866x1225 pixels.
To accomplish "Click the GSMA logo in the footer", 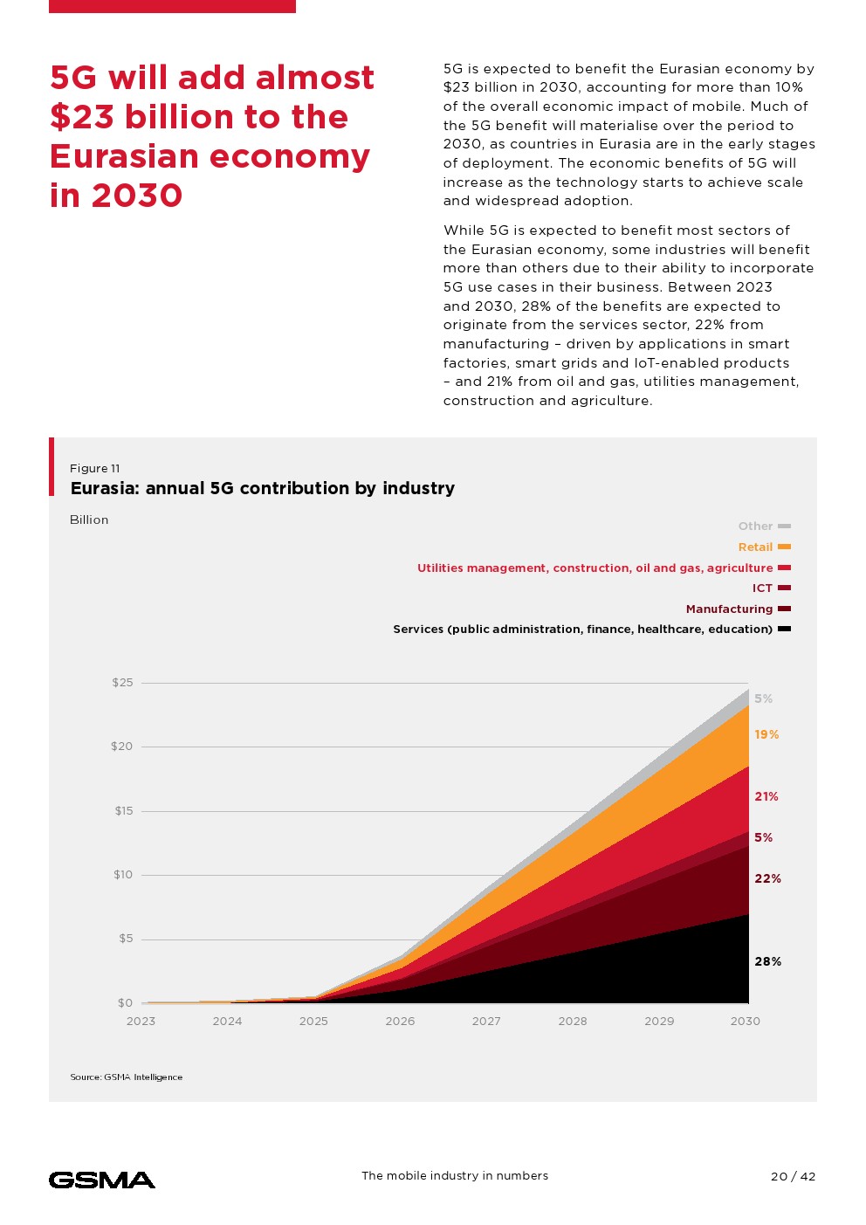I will [x=102, y=1180].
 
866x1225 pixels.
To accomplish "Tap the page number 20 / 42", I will [x=793, y=1176].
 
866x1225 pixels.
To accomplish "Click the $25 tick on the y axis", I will [x=122, y=683].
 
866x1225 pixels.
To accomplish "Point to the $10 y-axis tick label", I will [x=123, y=875].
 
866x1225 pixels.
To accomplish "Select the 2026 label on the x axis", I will [x=400, y=1021].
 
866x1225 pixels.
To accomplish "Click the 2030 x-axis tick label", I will [x=745, y=1021].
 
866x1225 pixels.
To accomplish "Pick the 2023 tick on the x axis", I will [x=141, y=1021].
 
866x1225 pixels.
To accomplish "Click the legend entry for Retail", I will [x=756, y=547].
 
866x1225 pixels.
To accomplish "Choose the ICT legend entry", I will [x=763, y=588].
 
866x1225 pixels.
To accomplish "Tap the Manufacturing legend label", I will [x=730, y=609].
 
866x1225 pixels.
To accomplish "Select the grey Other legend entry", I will [x=756, y=526].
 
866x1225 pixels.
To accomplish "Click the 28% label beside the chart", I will [x=767, y=961].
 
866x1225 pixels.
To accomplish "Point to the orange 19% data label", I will [x=766, y=734].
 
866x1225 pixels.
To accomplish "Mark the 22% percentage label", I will [x=767, y=878].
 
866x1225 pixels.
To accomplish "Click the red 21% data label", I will [x=766, y=796].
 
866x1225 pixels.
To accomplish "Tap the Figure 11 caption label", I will [x=95, y=469].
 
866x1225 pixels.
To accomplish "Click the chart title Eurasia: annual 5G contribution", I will [x=263, y=488].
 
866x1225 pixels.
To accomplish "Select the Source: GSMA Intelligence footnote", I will [x=127, y=1077].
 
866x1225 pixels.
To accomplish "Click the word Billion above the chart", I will [x=89, y=520].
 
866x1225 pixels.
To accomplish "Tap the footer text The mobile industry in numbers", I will [x=455, y=1176].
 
